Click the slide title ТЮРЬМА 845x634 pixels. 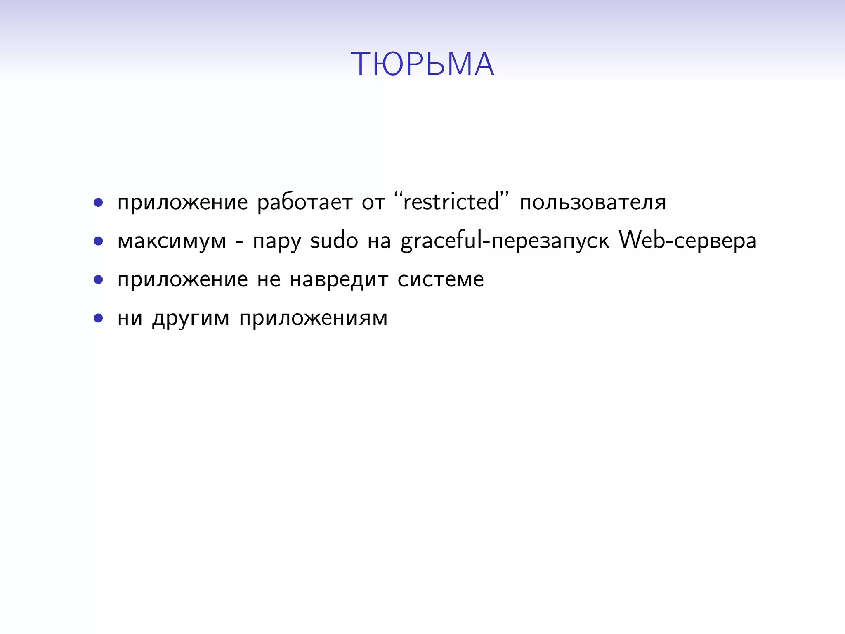pyautogui.click(x=422, y=64)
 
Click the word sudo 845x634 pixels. pyautogui.click(x=334, y=241)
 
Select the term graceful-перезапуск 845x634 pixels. pyautogui.click(x=505, y=241)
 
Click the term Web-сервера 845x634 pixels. pyautogui.click(x=688, y=241)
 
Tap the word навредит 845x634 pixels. pyautogui.click(x=339, y=280)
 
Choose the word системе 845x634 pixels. pyautogui.click(x=441, y=280)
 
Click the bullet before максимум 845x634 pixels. pyautogui.click(x=98, y=241)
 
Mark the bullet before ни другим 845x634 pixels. pyautogui.click(x=98, y=318)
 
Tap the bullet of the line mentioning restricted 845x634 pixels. pyautogui.click(x=98, y=203)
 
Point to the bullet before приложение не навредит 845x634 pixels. pyautogui.click(x=98, y=280)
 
